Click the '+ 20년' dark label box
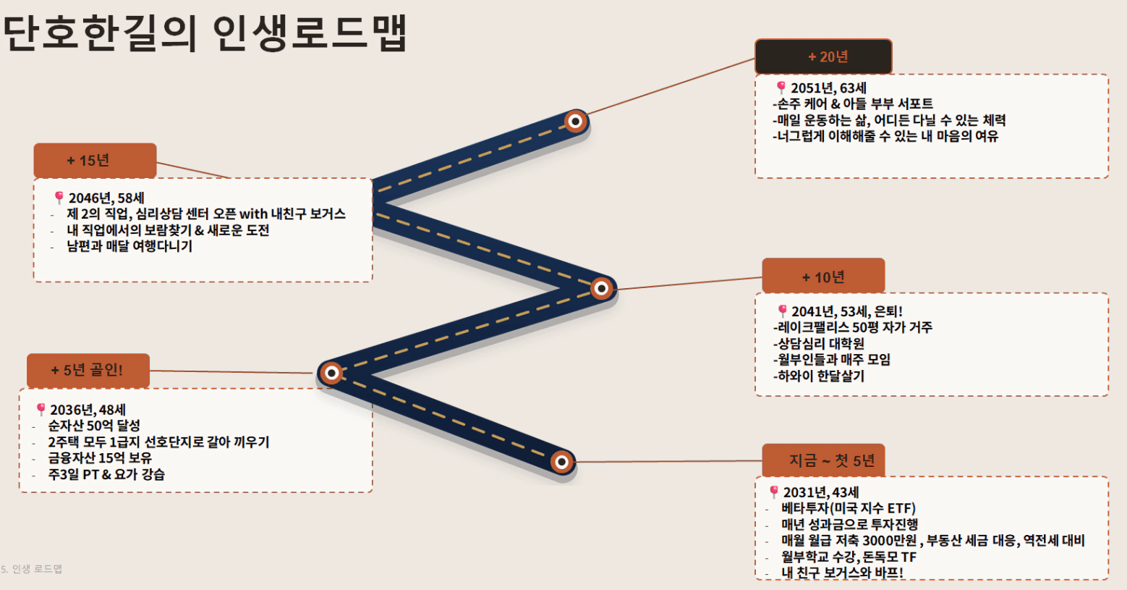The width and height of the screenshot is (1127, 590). [824, 56]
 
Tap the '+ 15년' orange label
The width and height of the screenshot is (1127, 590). [95, 161]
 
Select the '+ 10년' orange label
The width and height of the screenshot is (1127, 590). [823, 276]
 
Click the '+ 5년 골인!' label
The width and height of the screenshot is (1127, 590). [88, 371]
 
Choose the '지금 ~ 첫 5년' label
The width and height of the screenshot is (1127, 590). [823, 460]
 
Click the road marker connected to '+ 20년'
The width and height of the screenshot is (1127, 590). [576, 122]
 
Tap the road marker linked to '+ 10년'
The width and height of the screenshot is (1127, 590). [601, 288]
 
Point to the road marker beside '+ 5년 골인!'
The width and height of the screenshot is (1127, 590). [331, 373]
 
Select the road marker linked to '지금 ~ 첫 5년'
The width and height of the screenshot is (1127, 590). [562, 462]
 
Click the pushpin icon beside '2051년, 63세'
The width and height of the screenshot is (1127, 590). [781, 88]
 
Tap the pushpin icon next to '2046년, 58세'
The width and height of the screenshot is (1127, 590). [59, 198]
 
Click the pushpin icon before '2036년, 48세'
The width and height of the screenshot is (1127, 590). [41, 409]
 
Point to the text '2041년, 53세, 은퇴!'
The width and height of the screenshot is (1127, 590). [847, 311]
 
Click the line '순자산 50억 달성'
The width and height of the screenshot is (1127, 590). [94, 426]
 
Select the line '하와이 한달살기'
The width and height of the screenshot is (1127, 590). [819, 376]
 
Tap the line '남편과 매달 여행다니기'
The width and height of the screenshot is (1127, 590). [129, 246]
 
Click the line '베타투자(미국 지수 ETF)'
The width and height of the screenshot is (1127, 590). [849, 508]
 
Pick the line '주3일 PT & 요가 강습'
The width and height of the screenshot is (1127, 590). [106, 474]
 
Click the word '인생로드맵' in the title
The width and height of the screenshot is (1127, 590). [310, 33]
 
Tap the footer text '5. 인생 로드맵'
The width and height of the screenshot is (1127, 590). [31, 569]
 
